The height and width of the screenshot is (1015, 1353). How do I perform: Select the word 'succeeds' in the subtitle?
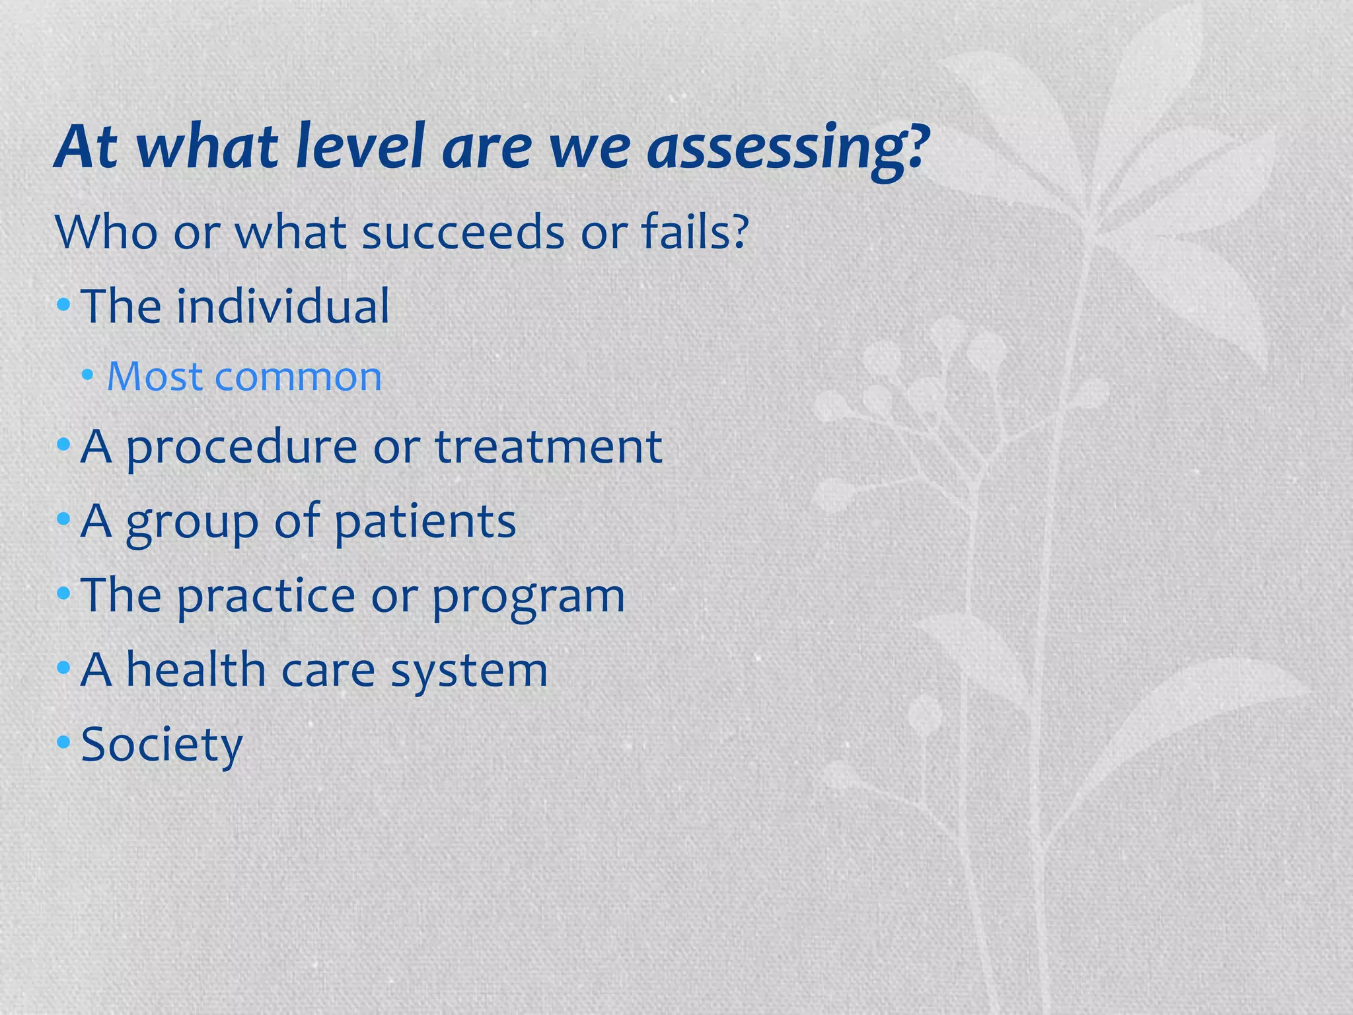click(x=463, y=233)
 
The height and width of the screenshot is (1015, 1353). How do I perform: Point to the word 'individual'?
click(x=283, y=307)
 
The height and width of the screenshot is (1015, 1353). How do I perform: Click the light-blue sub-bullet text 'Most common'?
click(x=244, y=377)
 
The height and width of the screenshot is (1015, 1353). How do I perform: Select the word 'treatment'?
click(x=548, y=447)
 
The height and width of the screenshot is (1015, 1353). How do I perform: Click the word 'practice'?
click(x=266, y=597)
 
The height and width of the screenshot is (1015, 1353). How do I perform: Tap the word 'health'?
click(x=196, y=670)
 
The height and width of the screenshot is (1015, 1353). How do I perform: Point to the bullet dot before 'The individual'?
click(x=63, y=305)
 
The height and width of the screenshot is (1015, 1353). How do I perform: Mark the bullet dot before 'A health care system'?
click(x=63, y=668)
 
